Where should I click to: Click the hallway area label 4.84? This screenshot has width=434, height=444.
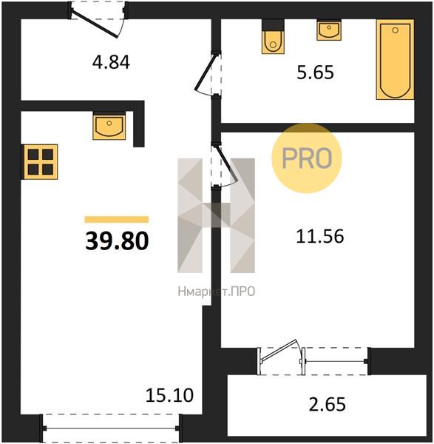111,62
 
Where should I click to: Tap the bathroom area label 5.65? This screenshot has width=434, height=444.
315,73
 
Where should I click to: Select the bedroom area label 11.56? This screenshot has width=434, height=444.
320,237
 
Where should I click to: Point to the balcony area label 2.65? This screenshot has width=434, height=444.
327,404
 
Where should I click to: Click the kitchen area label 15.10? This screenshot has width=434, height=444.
169,395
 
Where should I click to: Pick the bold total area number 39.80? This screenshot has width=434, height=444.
117,241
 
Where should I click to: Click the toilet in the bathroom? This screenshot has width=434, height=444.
273,36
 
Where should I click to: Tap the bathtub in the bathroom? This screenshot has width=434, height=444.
395,59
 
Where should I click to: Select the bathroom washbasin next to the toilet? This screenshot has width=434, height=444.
329,30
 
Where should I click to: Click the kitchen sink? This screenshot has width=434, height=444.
109,126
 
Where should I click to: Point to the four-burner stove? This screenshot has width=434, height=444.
40,161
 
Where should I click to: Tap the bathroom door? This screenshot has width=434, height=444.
207,74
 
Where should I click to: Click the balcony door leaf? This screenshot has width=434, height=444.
279,351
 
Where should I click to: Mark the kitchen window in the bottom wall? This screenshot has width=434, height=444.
111,428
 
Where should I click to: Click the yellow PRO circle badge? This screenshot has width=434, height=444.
307,158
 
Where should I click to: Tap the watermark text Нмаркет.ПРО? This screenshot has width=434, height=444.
217,292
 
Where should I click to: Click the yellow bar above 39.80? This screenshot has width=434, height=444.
117,220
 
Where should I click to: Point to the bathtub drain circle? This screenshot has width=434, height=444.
396,30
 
